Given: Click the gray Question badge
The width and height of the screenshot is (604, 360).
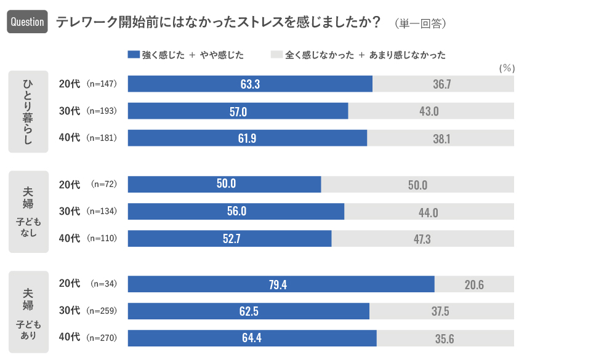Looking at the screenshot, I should pos(27,22).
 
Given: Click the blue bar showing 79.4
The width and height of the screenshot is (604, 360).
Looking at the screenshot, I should pos(281,284).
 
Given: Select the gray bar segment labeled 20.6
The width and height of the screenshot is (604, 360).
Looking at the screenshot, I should pos(474,284).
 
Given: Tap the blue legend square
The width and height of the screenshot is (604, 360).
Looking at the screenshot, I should pos(134,55).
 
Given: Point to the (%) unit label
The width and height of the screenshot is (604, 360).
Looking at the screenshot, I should pos(506,68).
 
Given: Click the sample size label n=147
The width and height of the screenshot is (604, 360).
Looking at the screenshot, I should pos(102,84).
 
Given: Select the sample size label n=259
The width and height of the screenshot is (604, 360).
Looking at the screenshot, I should pos(102,311).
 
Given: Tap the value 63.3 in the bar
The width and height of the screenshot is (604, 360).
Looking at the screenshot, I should pos(250,84).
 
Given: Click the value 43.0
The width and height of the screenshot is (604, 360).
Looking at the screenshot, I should pos(429,111).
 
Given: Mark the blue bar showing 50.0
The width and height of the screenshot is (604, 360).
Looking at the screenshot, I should pos(225,185).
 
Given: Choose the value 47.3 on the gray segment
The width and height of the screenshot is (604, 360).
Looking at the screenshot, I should pos(422,239).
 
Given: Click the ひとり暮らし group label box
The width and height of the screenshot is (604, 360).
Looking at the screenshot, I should pos(28,111).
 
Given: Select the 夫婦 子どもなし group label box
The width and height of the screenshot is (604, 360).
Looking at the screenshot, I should pos(28,212).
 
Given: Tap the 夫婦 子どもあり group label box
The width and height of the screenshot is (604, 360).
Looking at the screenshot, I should pos(28,312).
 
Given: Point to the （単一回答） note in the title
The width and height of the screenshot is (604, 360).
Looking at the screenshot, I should pos(421,23).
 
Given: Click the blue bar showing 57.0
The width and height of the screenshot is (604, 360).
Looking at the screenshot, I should pos(238,111).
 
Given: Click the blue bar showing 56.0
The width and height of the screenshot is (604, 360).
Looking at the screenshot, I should pos(236,212).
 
